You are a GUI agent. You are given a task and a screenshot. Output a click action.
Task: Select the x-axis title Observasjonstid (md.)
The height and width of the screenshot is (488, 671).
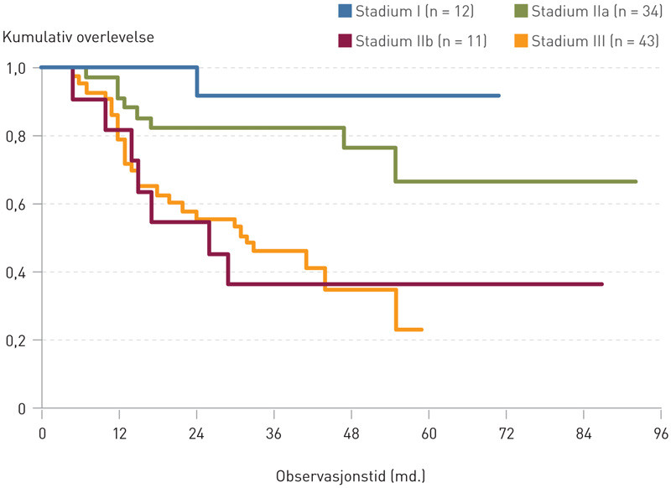(x=351, y=475)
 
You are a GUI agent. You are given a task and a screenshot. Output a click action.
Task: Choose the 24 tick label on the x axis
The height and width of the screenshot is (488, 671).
(x=196, y=433)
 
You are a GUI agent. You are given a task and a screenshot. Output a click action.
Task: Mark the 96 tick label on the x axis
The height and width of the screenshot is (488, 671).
(x=660, y=433)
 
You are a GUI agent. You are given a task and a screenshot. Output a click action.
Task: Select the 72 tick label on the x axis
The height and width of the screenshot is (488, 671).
(x=506, y=433)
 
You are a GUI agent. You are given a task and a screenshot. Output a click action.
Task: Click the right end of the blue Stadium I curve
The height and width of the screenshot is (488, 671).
(x=499, y=96)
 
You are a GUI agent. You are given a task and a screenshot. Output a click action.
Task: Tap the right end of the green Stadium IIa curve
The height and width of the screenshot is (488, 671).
(x=636, y=181)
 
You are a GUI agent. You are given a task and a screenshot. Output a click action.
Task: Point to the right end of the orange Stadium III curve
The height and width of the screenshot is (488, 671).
(x=422, y=330)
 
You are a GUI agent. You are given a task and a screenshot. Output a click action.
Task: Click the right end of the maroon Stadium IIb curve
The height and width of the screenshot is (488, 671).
(x=602, y=284)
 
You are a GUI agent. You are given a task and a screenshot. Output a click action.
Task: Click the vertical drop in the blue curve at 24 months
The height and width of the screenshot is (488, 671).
(x=197, y=81)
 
